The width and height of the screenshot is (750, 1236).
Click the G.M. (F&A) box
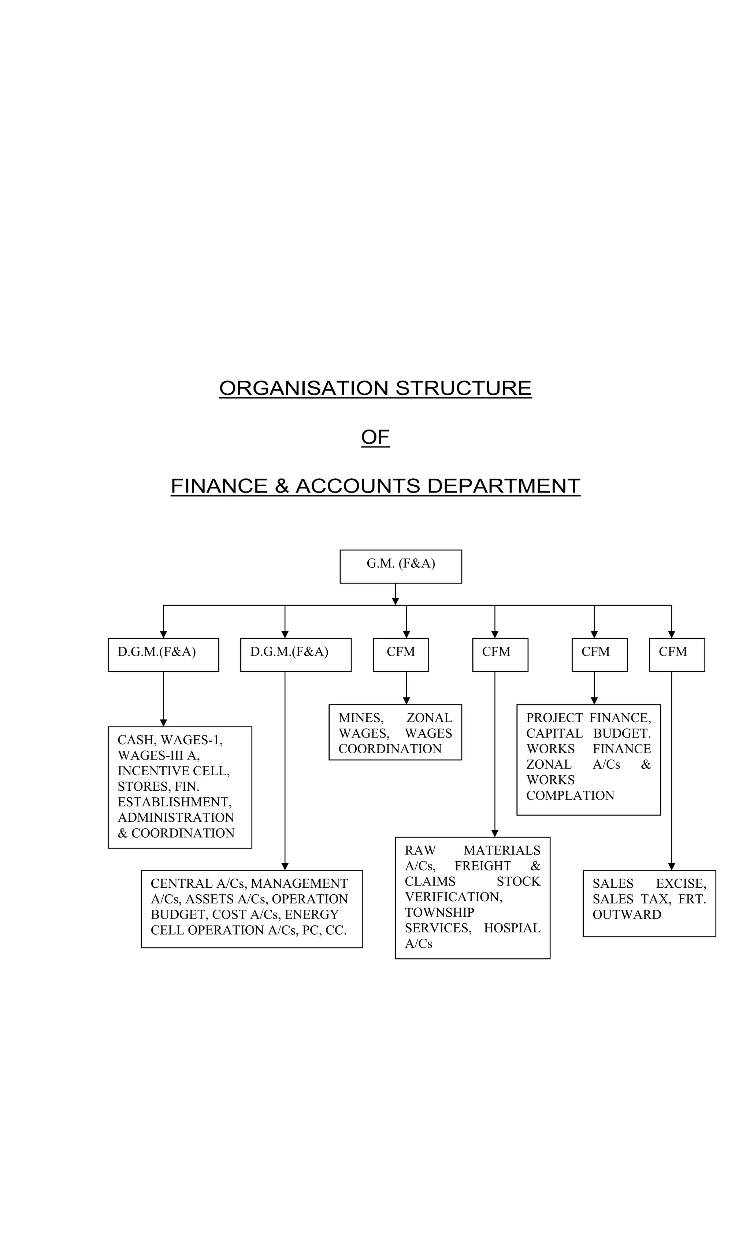400,566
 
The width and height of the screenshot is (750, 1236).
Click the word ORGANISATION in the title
304,388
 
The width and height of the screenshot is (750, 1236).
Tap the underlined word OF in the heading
375,437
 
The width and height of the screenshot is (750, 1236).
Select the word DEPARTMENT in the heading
503,486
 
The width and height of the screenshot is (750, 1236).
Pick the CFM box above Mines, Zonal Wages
400,654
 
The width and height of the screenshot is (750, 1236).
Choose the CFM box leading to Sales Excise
676,654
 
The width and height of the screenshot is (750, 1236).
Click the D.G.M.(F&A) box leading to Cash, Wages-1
163,654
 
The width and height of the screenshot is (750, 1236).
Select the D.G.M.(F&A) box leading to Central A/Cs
296,654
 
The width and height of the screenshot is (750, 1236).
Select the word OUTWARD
627,914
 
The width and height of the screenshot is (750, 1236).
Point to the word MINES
361,718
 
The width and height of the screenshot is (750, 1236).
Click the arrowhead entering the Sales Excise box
671,866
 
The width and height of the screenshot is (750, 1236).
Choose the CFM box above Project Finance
599,654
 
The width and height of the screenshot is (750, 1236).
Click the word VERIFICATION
453,897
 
